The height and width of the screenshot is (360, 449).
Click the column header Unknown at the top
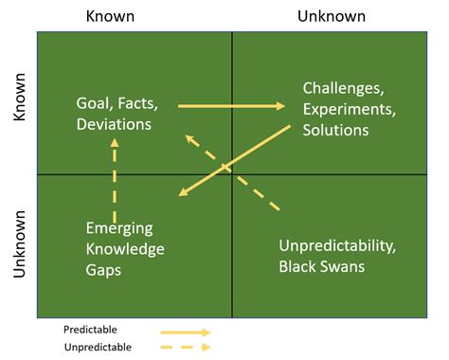click(332, 15)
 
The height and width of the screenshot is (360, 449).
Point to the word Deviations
click(115, 124)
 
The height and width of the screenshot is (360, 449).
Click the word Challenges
click(343, 88)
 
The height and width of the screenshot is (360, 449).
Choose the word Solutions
click(335, 129)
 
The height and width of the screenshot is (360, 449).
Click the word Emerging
click(119, 228)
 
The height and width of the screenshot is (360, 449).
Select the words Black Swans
click(321, 267)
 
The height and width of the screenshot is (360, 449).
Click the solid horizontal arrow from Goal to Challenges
click(231, 105)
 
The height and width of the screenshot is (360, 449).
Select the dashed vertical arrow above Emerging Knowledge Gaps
click(115, 180)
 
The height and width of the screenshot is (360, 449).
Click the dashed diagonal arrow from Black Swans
click(231, 171)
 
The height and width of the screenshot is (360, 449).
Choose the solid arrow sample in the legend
click(185, 333)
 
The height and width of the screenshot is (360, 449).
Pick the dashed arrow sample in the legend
click(185, 348)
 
